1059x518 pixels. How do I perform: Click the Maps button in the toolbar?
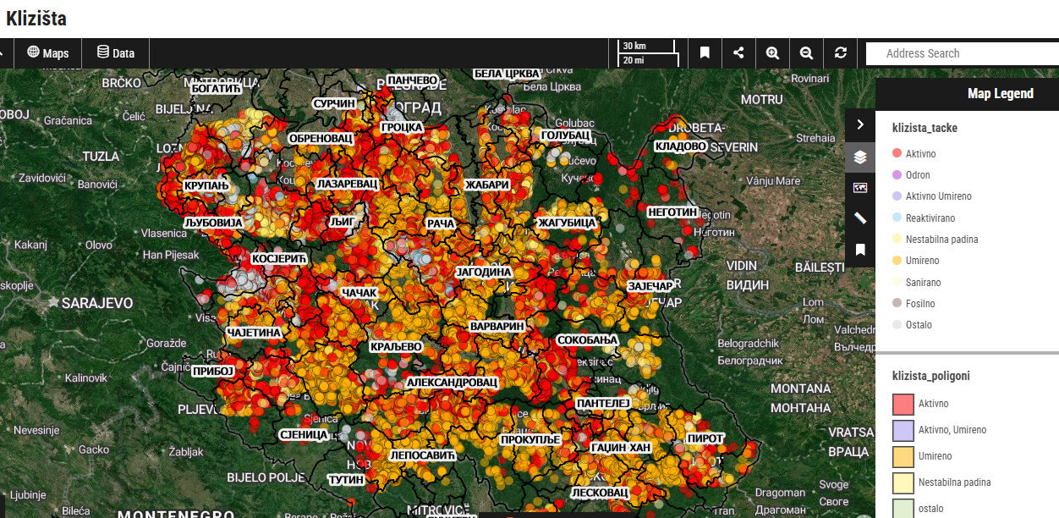coord(48,53)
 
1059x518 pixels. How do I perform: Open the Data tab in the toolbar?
coord(116,53)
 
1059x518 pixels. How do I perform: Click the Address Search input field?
coord(961,53)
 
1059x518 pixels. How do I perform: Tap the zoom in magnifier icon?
coord(772,52)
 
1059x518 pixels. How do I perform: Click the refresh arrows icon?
coord(840,52)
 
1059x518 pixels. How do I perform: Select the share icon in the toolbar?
coord(738,52)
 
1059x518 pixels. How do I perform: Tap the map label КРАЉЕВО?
coord(396,347)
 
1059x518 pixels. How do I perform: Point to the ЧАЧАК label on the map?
coord(359,293)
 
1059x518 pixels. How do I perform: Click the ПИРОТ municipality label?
coord(705,438)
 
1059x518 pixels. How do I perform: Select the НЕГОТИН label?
coord(672,212)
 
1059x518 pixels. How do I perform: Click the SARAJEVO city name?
coord(96,303)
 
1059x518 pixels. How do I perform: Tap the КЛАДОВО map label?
coord(680,146)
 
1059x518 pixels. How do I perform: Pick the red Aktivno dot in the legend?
coord(897,154)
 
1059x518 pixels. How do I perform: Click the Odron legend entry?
coord(918,175)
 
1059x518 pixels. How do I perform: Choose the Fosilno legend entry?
coord(920,303)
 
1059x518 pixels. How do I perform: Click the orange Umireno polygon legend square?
coord(903,456)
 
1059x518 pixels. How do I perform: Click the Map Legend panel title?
coord(1000,94)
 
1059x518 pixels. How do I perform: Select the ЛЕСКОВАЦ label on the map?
coord(600,492)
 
